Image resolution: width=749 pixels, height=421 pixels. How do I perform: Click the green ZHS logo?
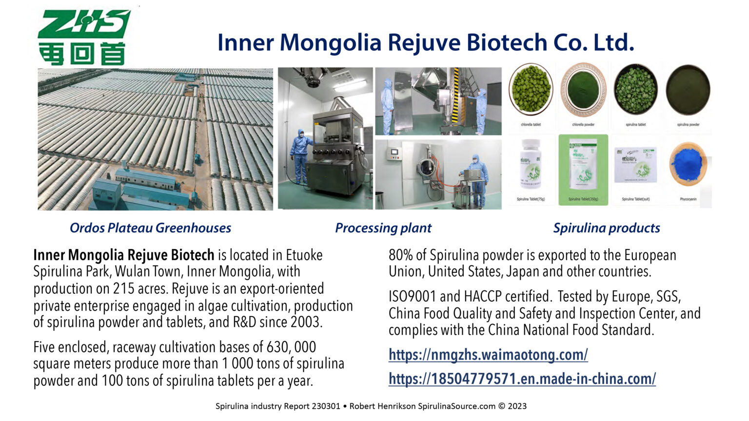[83, 37]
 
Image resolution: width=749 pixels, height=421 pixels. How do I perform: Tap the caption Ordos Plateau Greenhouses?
[150, 228]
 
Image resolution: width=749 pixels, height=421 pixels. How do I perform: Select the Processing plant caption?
[383, 228]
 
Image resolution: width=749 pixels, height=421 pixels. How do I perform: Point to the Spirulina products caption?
[606, 228]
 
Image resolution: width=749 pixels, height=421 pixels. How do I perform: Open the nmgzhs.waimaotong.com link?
[488, 354]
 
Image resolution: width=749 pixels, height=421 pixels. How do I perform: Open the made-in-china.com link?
[522, 379]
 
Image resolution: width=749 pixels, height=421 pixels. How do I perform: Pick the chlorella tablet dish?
[531, 90]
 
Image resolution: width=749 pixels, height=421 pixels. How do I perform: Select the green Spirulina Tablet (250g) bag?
[583, 168]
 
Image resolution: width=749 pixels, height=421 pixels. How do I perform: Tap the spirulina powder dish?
[688, 90]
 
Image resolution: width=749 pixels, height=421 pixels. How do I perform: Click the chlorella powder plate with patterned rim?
[583, 90]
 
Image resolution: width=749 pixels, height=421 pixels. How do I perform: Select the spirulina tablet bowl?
[636, 90]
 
